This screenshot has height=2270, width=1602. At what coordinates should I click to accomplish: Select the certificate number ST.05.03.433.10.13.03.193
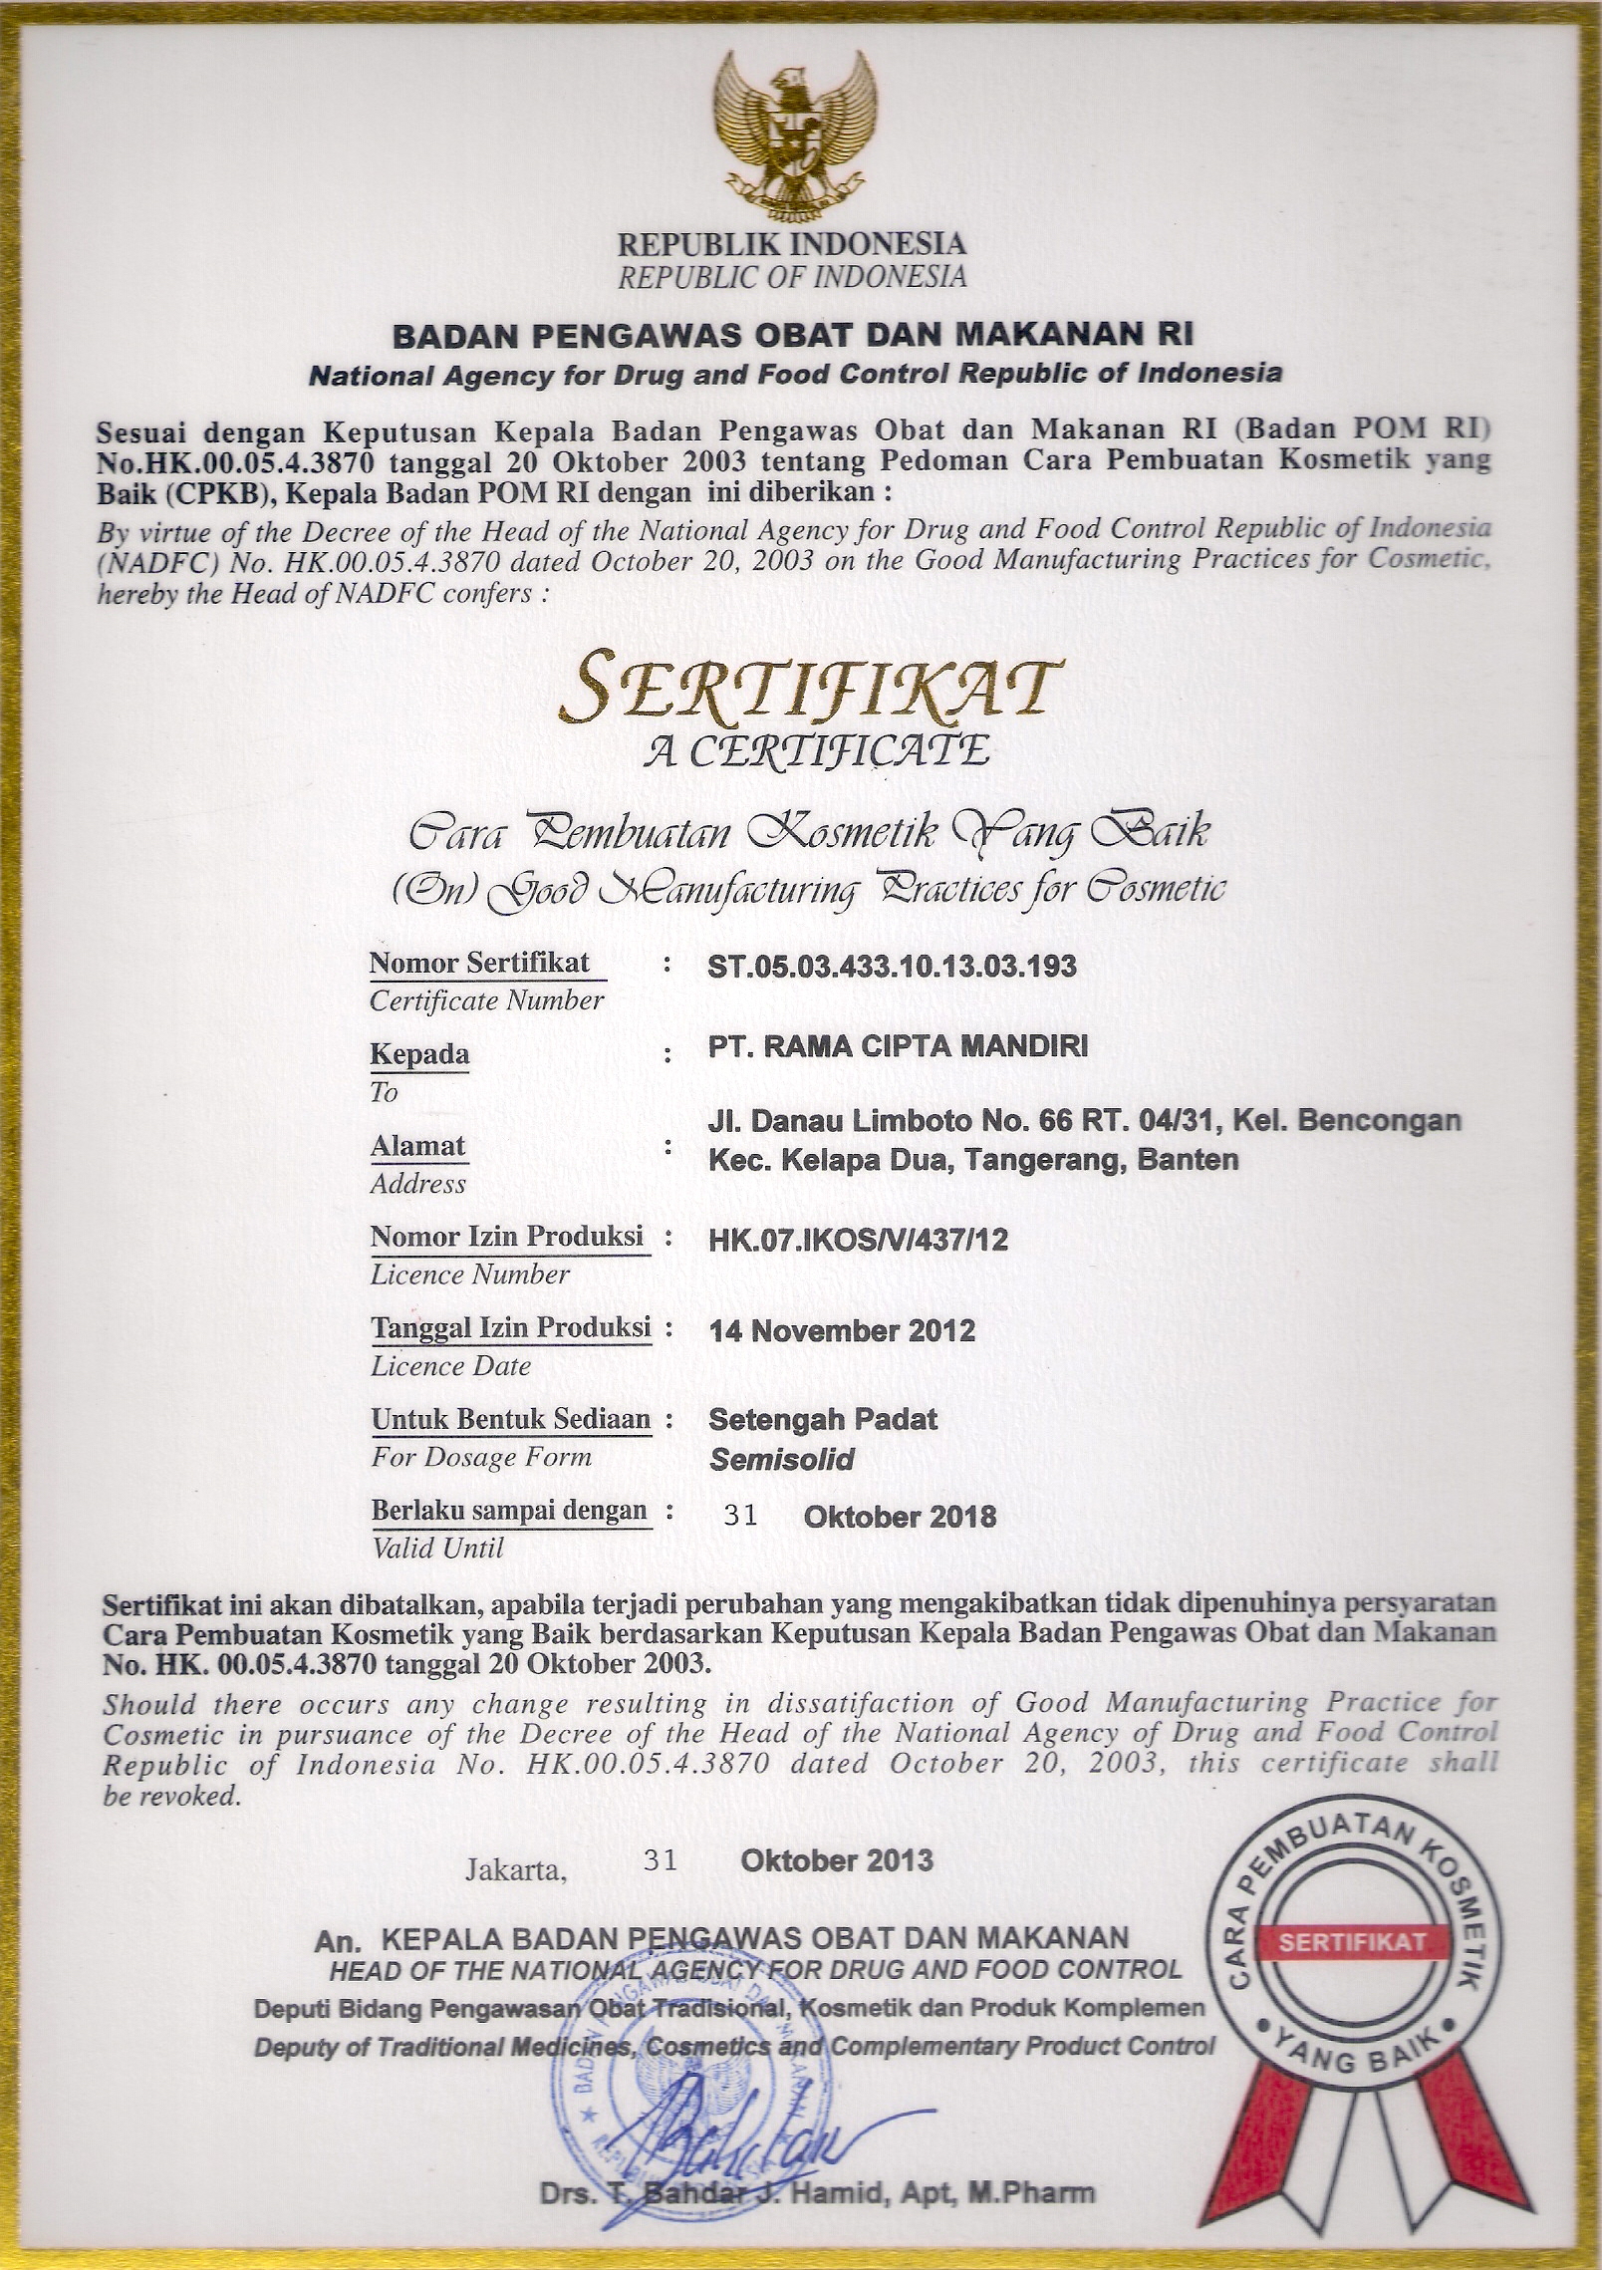pyautogui.click(x=892, y=966)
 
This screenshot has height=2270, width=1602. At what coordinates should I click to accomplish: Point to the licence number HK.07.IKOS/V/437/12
pyautogui.click(x=859, y=1239)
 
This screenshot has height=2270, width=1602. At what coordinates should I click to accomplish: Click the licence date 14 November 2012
pyautogui.click(x=842, y=1330)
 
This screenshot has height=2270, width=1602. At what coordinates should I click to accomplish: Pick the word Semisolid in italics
pyautogui.click(x=782, y=1460)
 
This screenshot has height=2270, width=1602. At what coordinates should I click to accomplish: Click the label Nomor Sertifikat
pyautogui.click(x=479, y=963)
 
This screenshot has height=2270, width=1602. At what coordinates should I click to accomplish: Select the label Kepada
pyautogui.click(x=419, y=1053)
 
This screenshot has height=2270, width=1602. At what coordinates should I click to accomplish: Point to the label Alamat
pyautogui.click(x=418, y=1146)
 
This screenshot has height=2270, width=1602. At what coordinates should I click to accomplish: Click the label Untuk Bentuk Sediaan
pyautogui.click(x=510, y=1418)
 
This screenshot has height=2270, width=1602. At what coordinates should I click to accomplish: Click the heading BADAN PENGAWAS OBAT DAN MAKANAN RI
pyautogui.click(x=793, y=334)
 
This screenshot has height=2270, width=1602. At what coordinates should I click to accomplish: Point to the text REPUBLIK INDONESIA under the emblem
pyautogui.click(x=792, y=243)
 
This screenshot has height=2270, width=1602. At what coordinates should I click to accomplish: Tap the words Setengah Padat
pyautogui.click(x=823, y=1418)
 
